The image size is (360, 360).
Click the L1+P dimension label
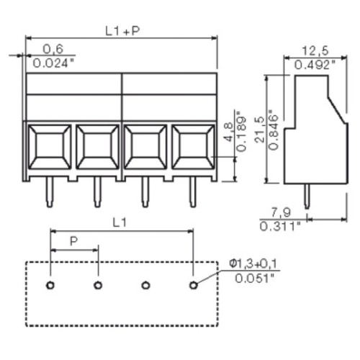coord(122,31)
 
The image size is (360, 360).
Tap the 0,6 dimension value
coord(53,49)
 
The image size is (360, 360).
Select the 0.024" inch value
coord(53,63)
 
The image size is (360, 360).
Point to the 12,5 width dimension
coord(315,51)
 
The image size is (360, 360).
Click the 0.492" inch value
coord(315,65)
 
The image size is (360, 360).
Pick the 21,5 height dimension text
coord(260,130)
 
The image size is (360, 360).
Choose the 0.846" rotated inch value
coord(274,130)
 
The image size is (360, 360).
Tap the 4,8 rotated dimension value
coord(228,132)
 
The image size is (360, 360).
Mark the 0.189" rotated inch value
coord(241,131)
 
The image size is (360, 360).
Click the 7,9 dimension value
coord(281,212)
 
